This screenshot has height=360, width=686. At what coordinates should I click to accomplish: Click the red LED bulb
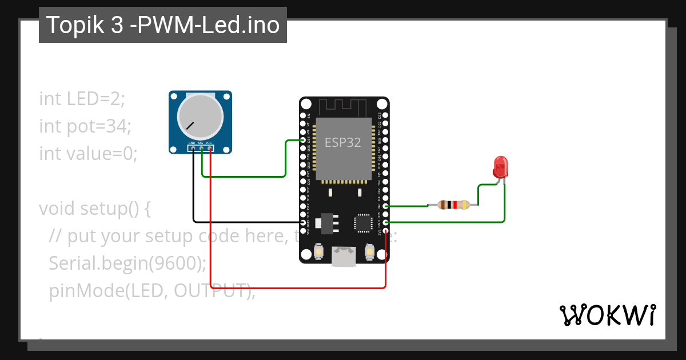pos(500,167)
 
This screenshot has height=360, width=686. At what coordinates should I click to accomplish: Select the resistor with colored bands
pos(454,205)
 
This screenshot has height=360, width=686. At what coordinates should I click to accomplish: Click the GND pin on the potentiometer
pos(193,149)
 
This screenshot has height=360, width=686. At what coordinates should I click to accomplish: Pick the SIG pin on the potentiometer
pos(202,149)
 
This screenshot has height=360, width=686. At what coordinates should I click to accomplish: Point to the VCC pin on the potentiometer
pos(210,149)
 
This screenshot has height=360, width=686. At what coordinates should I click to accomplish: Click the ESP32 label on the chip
pos(343,142)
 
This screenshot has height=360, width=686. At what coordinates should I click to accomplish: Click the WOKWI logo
pos(607,315)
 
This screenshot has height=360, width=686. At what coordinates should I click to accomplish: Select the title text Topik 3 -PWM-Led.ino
pos(163,25)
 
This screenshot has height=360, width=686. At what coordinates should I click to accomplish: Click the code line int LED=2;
pos(82,98)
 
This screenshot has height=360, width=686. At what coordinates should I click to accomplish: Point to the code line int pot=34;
pos(85,126)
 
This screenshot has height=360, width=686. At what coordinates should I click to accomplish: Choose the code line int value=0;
pos(89,153)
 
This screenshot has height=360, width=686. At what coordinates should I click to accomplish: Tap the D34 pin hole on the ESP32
pos(303,139)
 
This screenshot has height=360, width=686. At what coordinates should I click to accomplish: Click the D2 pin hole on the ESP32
pos(386,206)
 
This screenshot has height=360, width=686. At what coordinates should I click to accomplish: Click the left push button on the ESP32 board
pos(319,251)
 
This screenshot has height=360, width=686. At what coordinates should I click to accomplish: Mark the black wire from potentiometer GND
pos(193,189)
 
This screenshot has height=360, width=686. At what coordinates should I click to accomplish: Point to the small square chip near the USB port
pos(364,223)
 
